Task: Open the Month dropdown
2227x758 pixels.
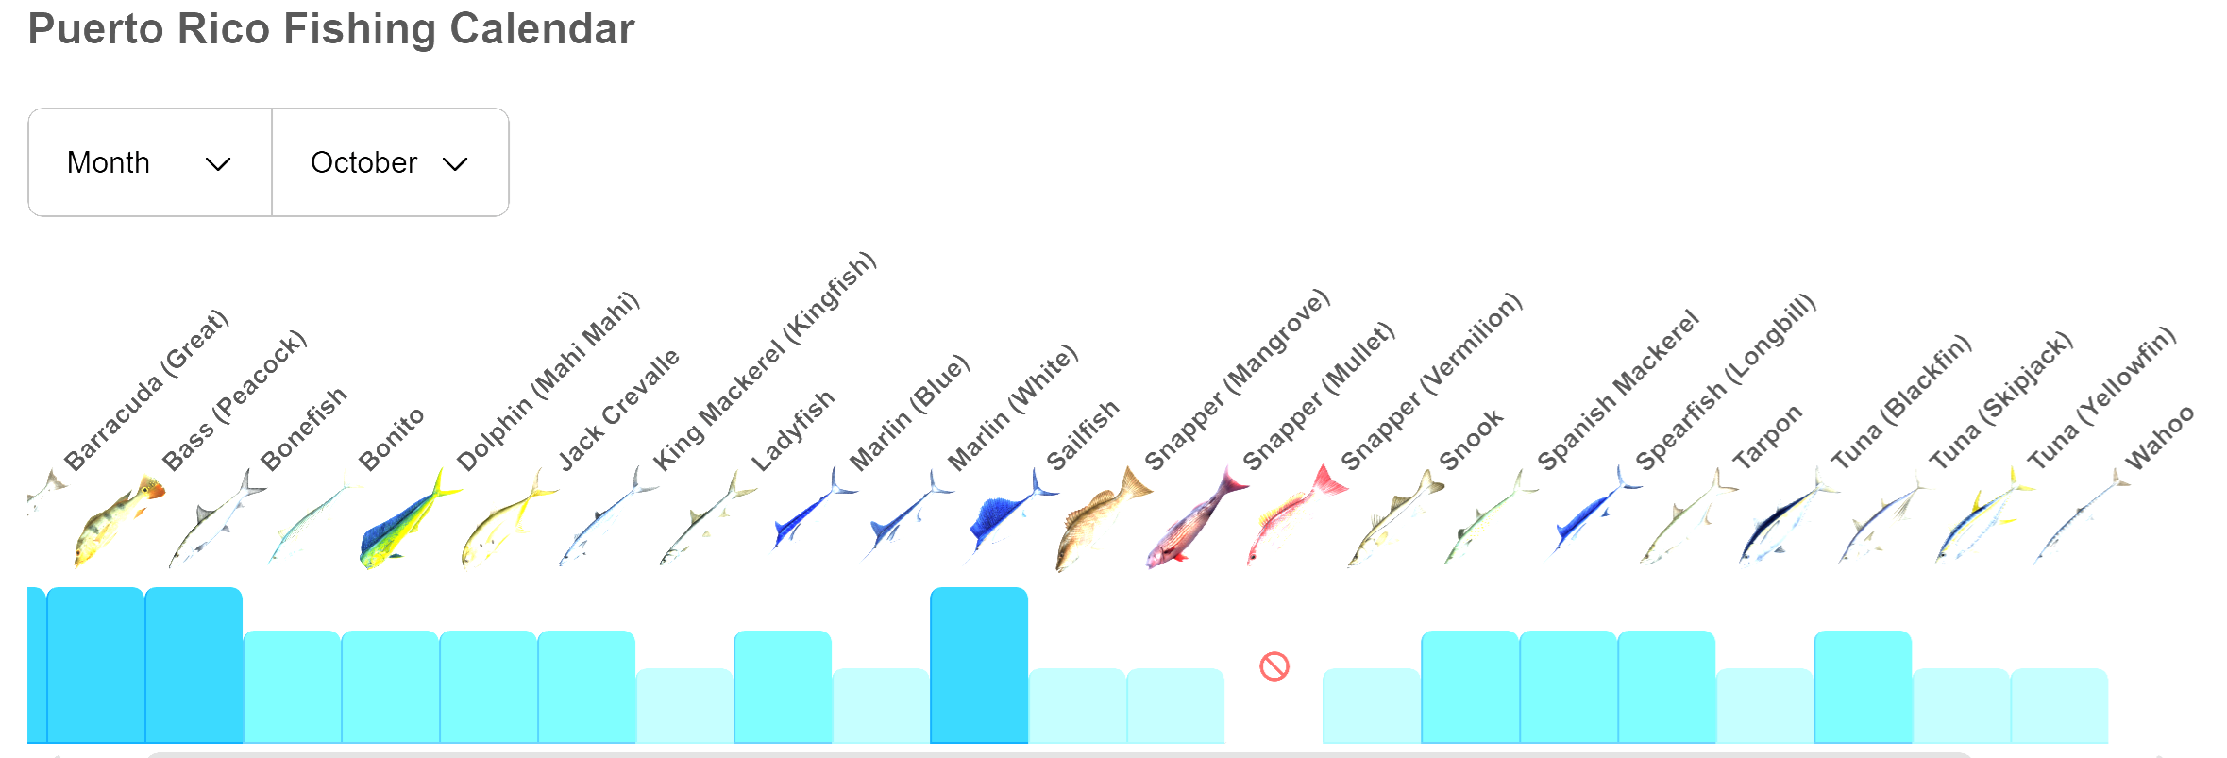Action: coord(149,162)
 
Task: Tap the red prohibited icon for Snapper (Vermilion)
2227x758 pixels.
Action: coord(1274,666)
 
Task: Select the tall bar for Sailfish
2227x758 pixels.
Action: coord(979,665)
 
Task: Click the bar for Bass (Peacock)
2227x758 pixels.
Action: coord(95,665)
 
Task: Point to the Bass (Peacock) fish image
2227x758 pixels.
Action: coord(117,519)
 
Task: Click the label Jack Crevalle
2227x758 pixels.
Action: coord(618,410)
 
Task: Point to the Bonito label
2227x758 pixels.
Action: coord(391,440)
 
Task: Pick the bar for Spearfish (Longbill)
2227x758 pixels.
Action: coord(1568,686)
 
